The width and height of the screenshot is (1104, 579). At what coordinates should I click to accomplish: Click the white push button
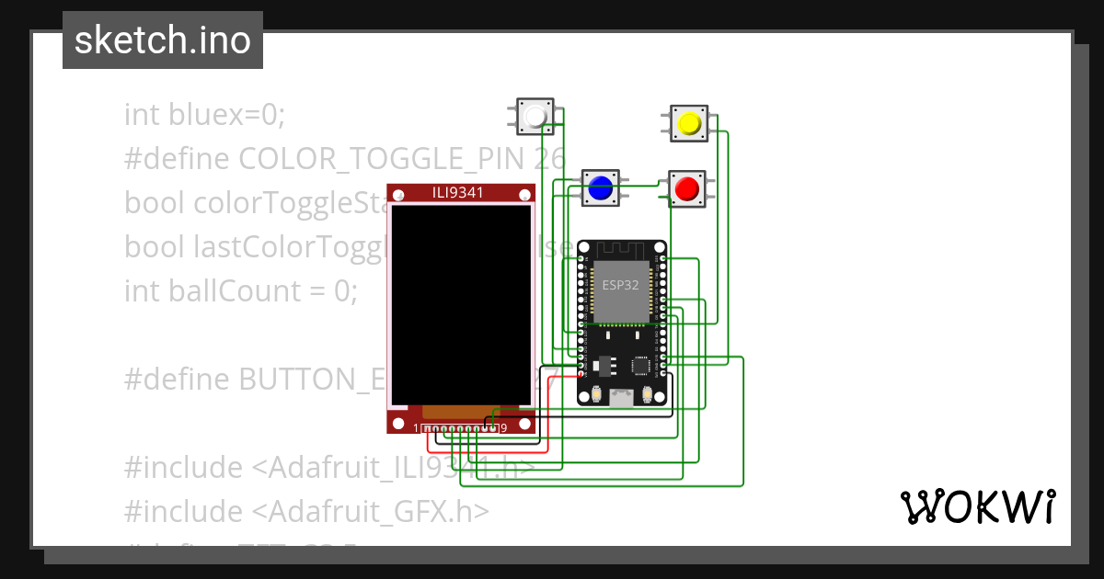click(535, 117)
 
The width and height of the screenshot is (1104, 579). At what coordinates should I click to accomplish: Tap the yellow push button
click(687, 123)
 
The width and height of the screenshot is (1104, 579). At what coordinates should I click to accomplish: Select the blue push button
click(601, 187)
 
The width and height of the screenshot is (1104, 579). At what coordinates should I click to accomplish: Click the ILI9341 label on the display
click(460, 191)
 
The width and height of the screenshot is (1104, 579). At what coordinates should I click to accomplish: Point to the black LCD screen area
click(461, 303)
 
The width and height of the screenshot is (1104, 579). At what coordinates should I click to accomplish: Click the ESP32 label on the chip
click(620, 285)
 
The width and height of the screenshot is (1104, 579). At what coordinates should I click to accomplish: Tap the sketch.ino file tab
click(163, 40)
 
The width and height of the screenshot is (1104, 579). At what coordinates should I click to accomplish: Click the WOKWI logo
click(977, 506)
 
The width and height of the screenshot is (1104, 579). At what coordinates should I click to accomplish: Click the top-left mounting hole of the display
click(397, 193)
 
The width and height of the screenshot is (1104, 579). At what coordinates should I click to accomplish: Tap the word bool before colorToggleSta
click(155, 203)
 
